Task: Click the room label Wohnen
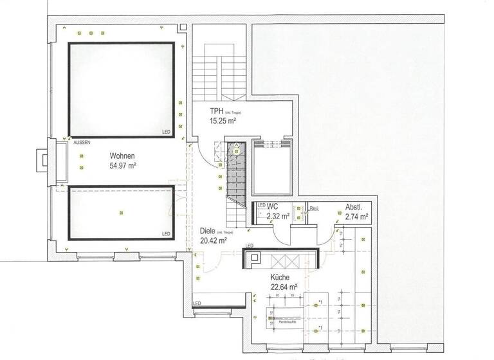122,156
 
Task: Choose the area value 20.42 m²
213,241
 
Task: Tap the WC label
272,206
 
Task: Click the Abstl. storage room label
354,208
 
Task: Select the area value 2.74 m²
356,217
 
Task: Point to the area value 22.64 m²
283,287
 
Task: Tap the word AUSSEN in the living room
82,142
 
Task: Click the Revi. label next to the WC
314,208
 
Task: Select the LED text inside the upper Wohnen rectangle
166,132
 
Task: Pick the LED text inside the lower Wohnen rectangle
166,234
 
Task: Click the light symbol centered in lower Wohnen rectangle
120,212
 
